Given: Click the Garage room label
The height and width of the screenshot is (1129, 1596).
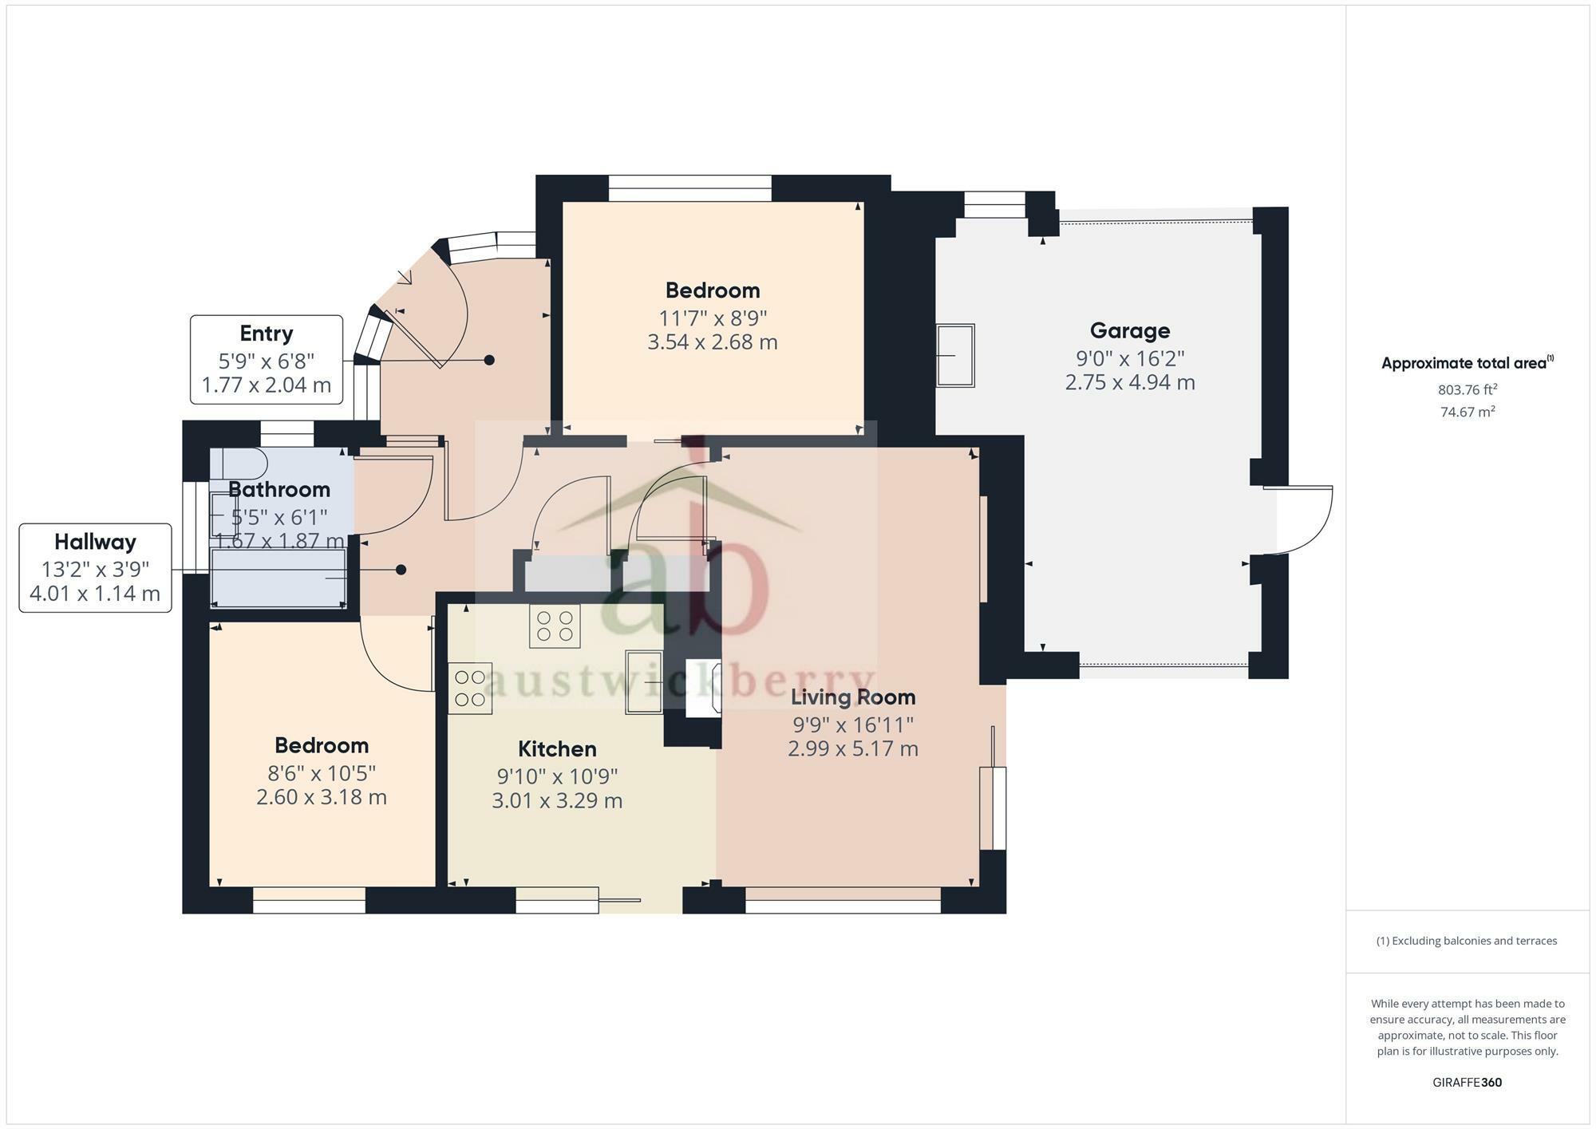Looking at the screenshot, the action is pos(1130,330).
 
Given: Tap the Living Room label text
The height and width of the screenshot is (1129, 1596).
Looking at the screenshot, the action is pos(853,697).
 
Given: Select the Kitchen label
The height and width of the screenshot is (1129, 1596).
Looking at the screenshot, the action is pos(557,749).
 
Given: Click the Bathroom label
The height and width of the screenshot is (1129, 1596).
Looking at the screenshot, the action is pos(279,489).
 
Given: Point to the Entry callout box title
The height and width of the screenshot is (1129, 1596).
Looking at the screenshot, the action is pos(267,334).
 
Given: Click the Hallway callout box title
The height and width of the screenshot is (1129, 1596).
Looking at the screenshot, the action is pos(95,543).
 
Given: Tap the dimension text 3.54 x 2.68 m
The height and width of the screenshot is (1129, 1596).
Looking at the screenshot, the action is pos(713,342).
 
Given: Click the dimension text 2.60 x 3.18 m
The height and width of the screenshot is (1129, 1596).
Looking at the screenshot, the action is pos(322,797).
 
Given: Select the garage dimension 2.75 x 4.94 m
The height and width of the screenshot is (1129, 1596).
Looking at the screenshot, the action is pos(1130,382).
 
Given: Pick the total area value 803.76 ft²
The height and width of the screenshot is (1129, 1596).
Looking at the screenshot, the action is pos(1468,390).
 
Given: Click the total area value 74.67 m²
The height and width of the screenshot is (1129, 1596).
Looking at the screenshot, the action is pos(1468,413).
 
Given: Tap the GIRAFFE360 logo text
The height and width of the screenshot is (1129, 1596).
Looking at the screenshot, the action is pos(1468,1083).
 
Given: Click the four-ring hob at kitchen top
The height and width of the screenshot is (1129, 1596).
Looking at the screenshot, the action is pos(555,626).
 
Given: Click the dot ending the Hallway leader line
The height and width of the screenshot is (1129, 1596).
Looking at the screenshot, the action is pos(401,570).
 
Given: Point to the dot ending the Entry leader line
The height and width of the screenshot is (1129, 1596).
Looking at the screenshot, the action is pos(489,361).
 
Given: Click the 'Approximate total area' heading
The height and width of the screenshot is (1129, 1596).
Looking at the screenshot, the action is pos(1464,364).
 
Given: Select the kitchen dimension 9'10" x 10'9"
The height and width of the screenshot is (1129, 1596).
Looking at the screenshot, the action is pos(557,776).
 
